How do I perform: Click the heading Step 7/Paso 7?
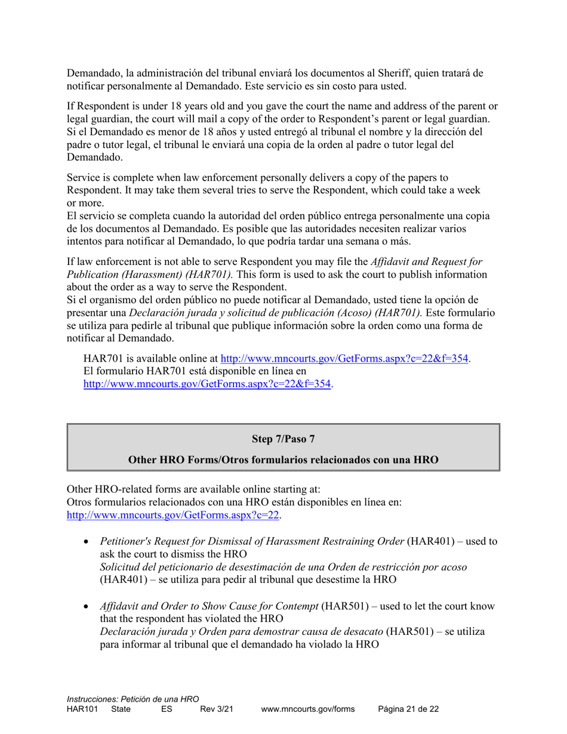tap(283, 439)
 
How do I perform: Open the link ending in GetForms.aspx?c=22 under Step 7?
tap(173, 515)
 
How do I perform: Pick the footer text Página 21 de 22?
tap(409, 709)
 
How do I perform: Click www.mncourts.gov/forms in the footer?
tap(308, 709)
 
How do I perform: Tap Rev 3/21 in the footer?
tap(216, 709)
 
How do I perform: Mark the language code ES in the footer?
tap(167, 709)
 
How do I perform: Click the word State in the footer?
tap(121, 709)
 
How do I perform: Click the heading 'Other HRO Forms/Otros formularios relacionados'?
tap(283, 460)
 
